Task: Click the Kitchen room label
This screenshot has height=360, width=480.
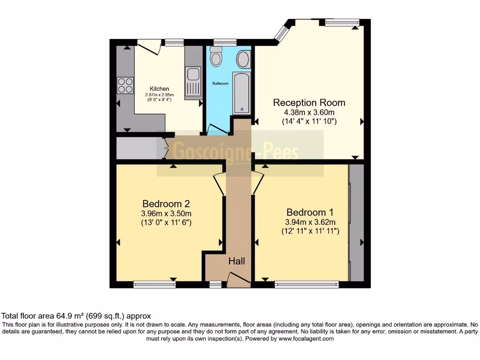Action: tap(159, 89)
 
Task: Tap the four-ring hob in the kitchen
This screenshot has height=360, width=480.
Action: tap(125, 85)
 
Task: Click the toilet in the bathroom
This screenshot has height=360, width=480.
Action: tap(216, 57)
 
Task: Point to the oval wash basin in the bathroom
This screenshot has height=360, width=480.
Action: tap(243, 60)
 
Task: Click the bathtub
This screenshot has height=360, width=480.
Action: tap(242, 93)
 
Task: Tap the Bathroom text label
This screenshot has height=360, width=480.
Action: tap(220, 83)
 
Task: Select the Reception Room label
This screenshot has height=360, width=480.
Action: tap(309, 103)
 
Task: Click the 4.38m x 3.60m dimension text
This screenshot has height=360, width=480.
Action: tap(309, 112)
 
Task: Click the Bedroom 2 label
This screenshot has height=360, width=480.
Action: tap(166, 204)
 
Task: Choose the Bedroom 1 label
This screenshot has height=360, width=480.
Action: tap(310, 212)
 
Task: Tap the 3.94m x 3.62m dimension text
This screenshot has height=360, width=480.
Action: tap(310, 222)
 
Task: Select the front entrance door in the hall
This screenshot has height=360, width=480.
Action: tap(238, 279)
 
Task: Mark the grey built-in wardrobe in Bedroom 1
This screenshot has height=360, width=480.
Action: tap(357, 223)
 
